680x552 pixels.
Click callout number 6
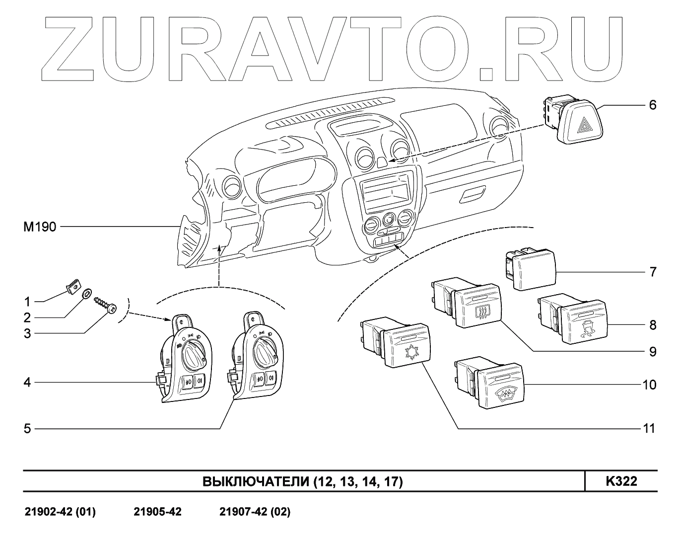(x=652, y=105)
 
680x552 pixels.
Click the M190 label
(x=40, y=227)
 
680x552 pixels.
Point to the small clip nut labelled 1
(x=73, y=286)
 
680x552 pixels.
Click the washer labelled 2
(x=86, y=295)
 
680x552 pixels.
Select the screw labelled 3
(x=105, y=305)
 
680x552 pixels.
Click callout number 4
(x=27, y=383)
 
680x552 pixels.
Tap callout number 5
(x=27, y=428)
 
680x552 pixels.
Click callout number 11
(x=649, y=428)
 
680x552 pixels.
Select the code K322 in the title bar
(x=621, y=481)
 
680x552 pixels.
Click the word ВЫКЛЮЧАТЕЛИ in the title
(x=256, y=482)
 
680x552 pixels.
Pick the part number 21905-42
(x=157, y=512)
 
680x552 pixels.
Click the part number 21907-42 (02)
(x=255, y=512)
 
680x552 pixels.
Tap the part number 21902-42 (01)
(x=60, y=512)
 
